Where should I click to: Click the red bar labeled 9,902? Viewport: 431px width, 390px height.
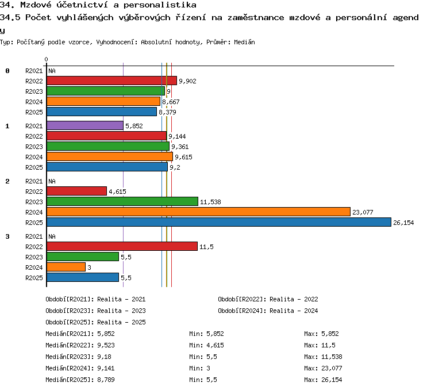111,81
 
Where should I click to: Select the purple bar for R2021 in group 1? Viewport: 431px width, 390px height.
85,125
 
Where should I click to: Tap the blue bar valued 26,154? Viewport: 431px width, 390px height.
219,222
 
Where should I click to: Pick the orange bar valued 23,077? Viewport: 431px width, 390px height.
198,212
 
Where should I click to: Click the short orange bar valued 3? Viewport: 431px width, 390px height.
66,267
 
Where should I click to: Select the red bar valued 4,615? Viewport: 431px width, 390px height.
76,191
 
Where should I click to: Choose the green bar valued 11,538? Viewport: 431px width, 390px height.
122,201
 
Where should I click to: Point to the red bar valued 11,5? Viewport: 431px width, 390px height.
122,246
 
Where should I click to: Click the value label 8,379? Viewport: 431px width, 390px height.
167,112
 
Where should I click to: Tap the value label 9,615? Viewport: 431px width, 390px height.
184,157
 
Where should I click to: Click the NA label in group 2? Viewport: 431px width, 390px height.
52,181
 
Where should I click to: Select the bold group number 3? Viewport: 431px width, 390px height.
7,236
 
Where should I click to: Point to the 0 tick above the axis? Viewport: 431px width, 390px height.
46,59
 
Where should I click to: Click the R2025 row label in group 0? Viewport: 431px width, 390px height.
34,112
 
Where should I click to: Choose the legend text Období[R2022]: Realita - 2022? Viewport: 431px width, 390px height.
268,299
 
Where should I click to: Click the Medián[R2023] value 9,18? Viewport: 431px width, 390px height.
104,357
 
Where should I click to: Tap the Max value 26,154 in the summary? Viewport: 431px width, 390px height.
332,380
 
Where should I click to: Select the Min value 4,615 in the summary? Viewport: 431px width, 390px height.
215,345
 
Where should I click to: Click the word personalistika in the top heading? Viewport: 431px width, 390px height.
160,5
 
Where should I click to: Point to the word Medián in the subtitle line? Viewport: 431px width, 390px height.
244,42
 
